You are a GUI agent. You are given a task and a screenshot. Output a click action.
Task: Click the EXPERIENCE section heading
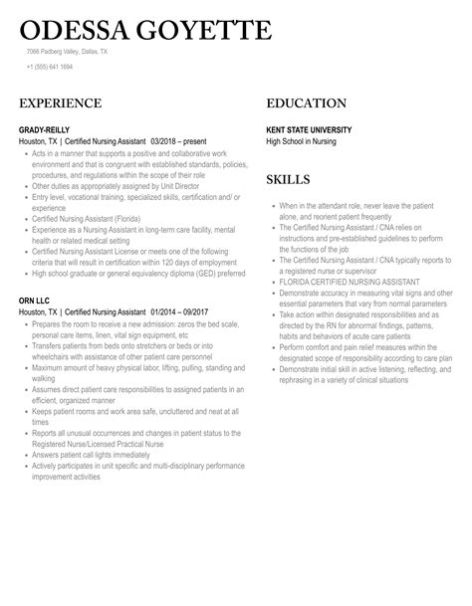coord(61,103)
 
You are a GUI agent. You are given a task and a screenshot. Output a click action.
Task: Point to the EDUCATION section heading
coord(307,103)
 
